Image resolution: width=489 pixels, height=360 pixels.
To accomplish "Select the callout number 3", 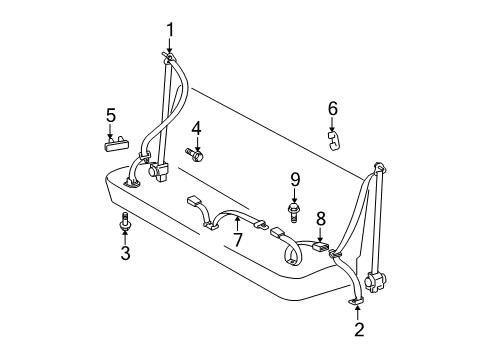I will pyautogui.click(x=126, y=255).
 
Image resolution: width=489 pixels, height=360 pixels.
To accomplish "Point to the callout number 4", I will pyautogui.click(x=197, y=127).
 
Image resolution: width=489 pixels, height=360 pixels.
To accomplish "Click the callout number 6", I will pyautogui.click(x=333, y=108).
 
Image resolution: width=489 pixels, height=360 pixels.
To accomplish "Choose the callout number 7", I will pyautogui.click(x=238, y=241).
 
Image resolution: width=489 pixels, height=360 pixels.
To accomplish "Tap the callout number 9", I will pyautogui.click(x=295, y=180).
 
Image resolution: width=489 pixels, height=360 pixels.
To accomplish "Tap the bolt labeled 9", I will pyautogui.click(x=294, y=211).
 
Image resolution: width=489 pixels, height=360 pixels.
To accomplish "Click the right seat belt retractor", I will pyautogui.click(x=378, y=282).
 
